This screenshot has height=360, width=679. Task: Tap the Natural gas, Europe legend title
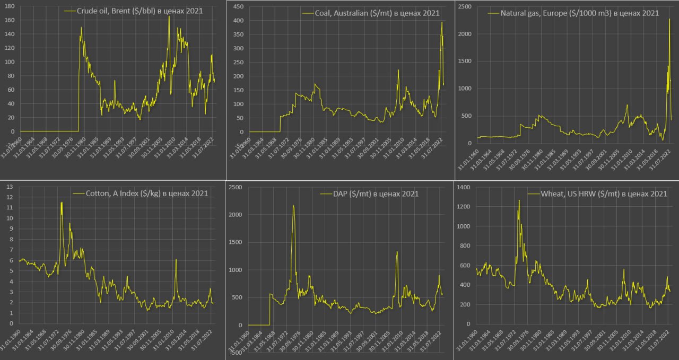[580, 13]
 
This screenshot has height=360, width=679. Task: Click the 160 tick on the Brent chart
[10, 20]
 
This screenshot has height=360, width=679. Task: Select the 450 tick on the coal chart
[238, 6]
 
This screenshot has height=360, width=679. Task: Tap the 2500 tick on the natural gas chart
[465, 6]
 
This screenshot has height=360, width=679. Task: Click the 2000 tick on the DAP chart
[237, 215]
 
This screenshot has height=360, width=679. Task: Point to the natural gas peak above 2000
[669, 20]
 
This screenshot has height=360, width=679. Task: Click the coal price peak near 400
[441, 22]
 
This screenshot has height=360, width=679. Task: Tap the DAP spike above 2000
[293, 206]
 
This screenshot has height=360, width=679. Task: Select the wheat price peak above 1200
[519, 200]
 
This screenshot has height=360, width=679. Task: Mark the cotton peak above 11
[62, 203]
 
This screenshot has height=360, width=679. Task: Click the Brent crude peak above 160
[169, 16]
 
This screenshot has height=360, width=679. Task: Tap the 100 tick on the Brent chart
[10, 62]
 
